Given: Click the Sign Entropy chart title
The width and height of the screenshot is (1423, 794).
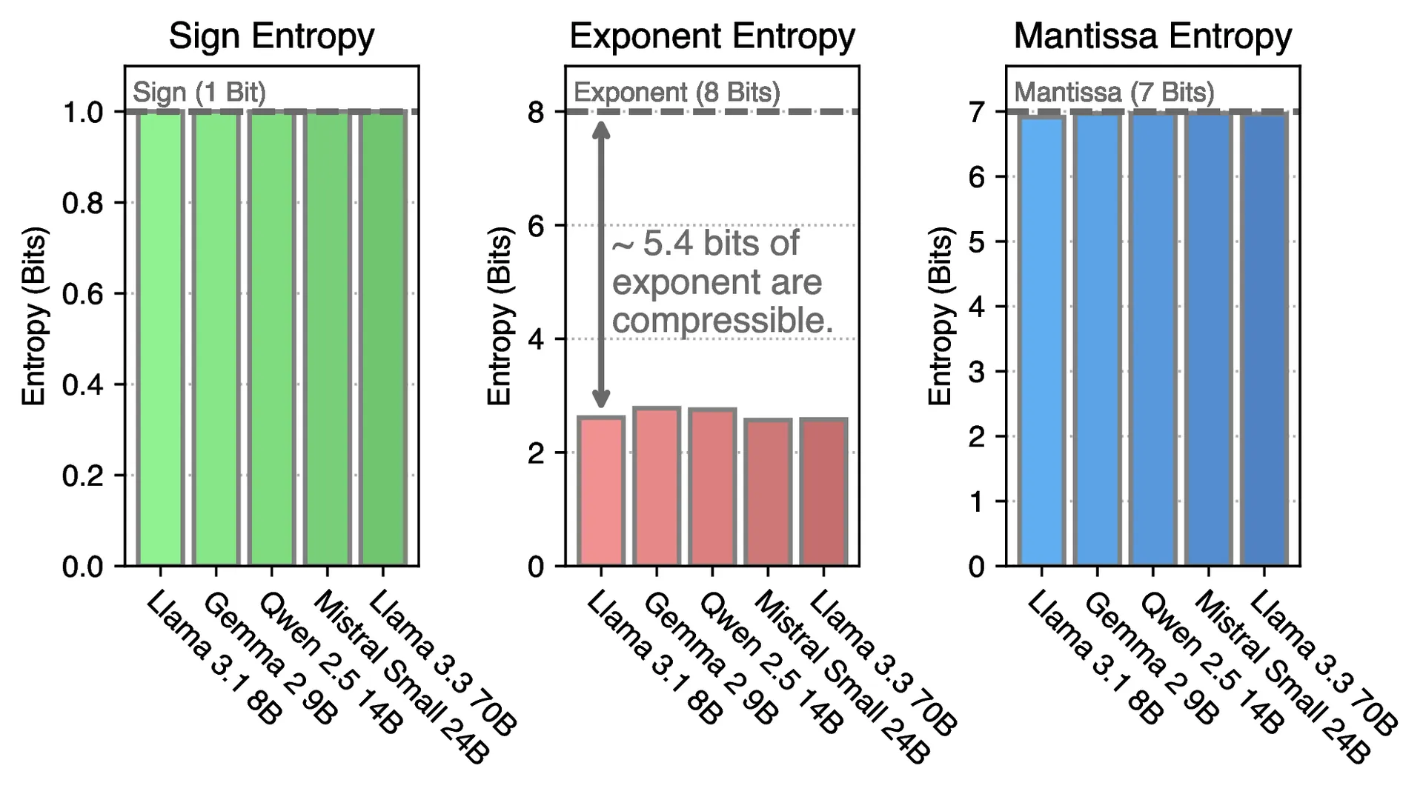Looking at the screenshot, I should tap(271, 36).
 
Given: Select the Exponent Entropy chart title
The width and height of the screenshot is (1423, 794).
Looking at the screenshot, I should tap(712, 36).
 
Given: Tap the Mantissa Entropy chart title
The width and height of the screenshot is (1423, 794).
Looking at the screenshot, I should tap(1152, 36).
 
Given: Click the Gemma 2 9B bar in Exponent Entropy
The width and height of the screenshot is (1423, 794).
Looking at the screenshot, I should tap(657, 487).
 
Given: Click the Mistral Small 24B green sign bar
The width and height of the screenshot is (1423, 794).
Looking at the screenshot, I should tap(327, 338).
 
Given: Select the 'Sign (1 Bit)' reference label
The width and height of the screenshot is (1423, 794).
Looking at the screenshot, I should tap(199, 93).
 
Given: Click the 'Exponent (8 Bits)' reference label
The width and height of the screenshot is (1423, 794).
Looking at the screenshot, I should tap(677, 93).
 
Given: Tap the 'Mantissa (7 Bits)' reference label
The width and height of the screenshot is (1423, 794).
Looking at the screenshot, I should tap(1114, 93).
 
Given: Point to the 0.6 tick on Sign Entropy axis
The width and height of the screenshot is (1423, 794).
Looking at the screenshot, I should tap(82, 294).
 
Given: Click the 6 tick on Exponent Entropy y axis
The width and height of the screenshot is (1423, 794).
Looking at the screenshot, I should tap(536, 225).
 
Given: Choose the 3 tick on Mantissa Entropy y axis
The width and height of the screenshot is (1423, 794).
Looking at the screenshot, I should tap(976, 372).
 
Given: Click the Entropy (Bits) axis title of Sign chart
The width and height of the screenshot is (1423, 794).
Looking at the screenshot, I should tap(33, 316).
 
